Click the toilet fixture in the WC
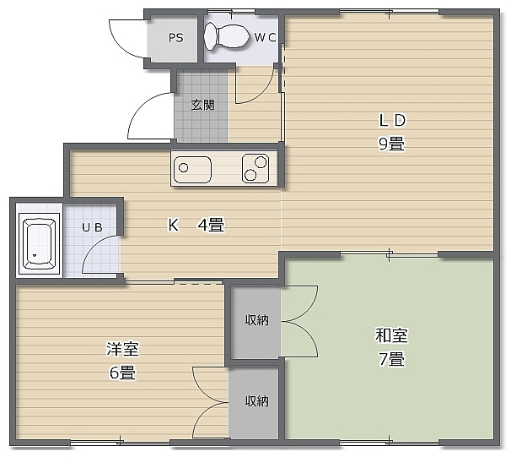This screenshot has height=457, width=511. (225, 36)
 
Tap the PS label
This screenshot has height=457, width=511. (176, 38)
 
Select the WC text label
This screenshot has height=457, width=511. (265, 37)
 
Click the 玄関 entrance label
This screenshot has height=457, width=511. (202, 105)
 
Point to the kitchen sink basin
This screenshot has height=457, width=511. (192, 170)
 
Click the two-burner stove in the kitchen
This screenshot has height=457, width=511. (255, 168)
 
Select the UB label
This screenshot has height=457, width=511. (92, 227)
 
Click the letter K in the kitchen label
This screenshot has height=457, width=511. (173, 225)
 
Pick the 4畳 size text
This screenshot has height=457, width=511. (211, 225)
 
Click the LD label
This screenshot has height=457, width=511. (392, 121)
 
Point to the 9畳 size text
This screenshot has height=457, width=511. (391, 144)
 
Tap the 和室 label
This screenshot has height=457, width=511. (391, 335)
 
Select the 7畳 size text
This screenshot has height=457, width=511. (391, 359)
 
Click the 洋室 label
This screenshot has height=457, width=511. (122, 349)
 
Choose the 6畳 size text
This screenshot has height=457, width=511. (122, 373)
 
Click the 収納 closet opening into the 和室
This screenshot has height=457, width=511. (256, 320)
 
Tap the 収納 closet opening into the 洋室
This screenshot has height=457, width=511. (254, 401)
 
